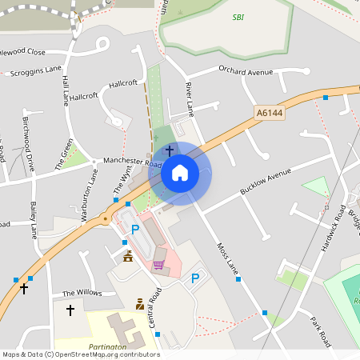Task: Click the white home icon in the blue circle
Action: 180,173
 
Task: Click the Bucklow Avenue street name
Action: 266,183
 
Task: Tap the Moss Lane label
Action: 227,258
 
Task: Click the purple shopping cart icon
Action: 158,264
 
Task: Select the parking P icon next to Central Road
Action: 135,230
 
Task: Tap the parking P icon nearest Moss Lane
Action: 195,278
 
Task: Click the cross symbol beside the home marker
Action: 169,150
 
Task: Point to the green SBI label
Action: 238,17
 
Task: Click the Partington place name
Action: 108,346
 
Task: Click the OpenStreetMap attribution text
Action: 81,354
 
